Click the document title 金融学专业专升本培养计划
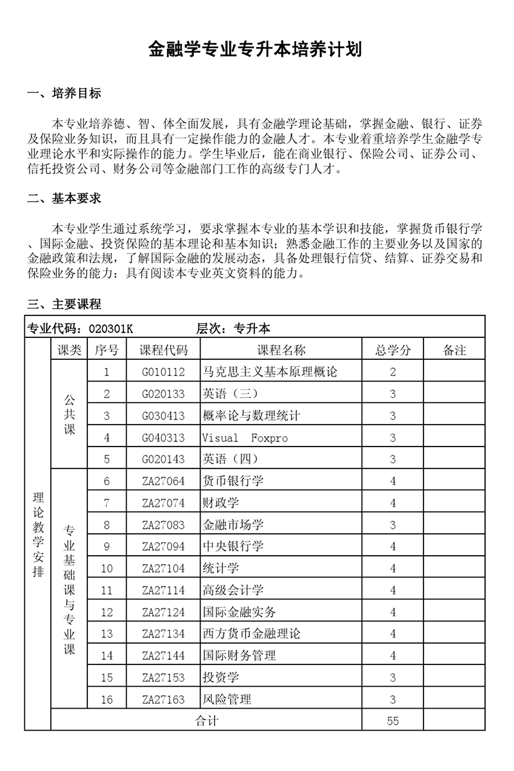[x=256, y=49]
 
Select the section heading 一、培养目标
[x=64, y=93]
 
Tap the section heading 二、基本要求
[x=64, y=199]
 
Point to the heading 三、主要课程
[x=64, y=304]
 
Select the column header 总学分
[x=393, y=350]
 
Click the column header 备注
[x=454, y=350]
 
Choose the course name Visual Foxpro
[x=245, y=438]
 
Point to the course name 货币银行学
[x=233, y=481]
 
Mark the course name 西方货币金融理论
[x=251, y=634]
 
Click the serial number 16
[x=107, y=700]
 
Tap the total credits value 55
[x=393, y=721]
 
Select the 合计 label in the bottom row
[x=206, y=721]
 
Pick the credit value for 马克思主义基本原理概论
[x=393, y=372]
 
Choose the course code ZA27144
[x=163, y=656]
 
